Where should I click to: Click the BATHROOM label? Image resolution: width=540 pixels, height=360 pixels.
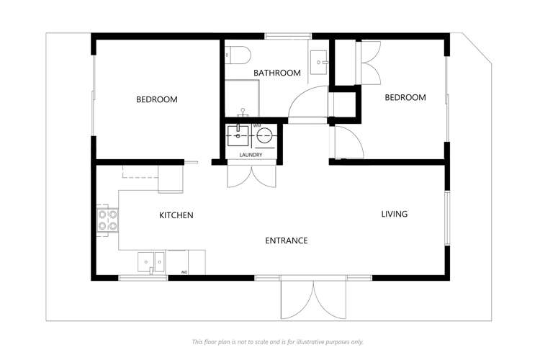pyautogui.click(x=277, y=73)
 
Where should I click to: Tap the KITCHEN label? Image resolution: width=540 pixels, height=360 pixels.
pyautogui.click(x=176, y=215)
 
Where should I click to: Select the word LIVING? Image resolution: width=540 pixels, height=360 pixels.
pyautogui.click(x=395, y=214)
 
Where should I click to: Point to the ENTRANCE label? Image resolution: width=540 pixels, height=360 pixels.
pyautogui.click(x=287, y=240)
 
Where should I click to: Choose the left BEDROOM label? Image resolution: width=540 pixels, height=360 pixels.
pyautogui.click(x=157, y=99)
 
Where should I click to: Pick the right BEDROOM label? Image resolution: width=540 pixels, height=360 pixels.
pyautogui.click(x=405, y=97)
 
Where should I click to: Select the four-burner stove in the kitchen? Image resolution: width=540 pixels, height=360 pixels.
pyautogui.click(x=107, y=220)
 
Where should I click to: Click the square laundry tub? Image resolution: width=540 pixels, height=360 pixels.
pyautogui.click(x=237, y=134)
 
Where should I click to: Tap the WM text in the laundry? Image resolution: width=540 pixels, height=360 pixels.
pyautogui.click(x=257, y=125)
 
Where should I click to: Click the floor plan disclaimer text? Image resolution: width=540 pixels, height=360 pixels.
pyautogui.click(x=277, y=341)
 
